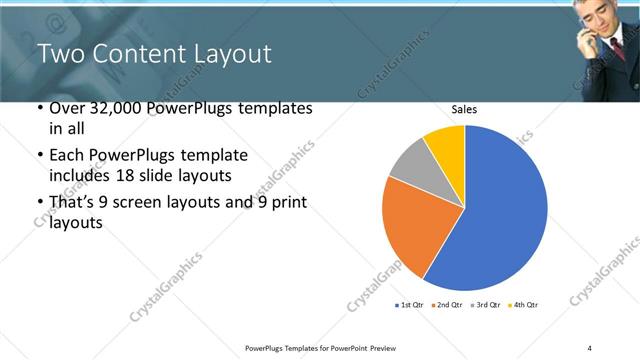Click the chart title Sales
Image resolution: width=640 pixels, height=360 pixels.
click(463, 111)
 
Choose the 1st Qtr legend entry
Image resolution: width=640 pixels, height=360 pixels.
click(413, 304)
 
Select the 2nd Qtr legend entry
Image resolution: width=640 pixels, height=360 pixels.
click(448, 304)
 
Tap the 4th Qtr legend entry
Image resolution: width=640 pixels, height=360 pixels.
click(522, 304)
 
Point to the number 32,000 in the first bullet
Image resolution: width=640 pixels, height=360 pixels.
click(116, 108)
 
